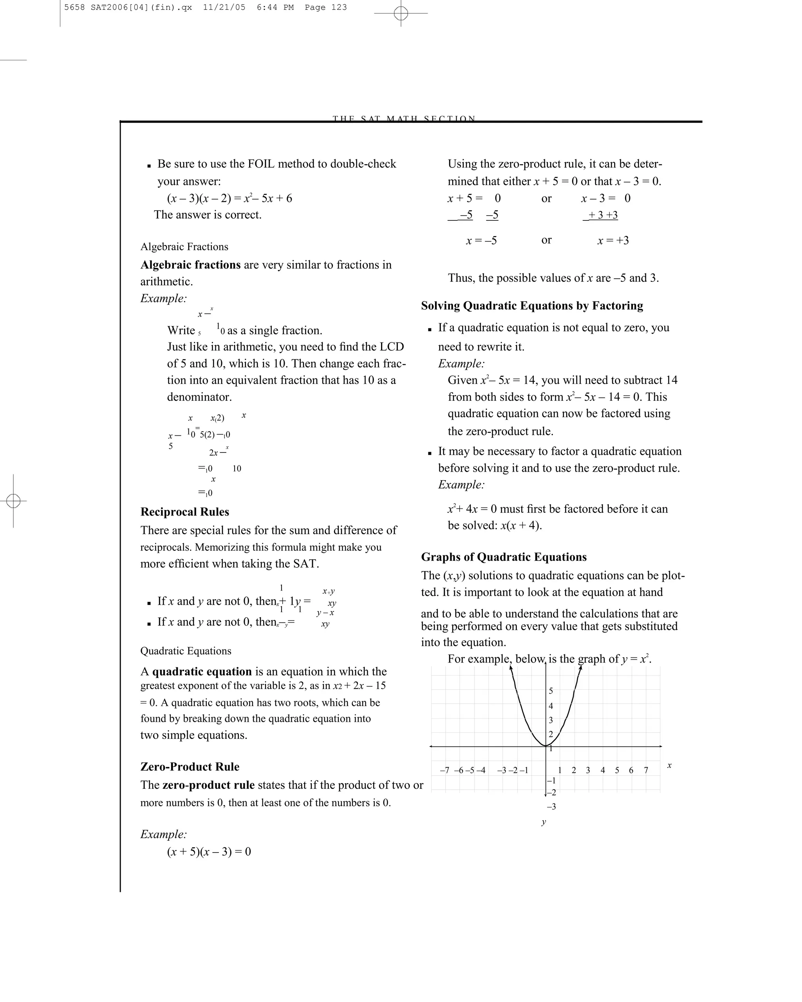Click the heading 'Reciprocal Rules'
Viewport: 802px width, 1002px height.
184,512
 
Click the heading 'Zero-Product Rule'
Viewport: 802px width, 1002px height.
190,766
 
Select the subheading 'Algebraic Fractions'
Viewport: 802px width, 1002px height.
184,247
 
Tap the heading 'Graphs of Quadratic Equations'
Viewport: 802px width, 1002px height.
504,557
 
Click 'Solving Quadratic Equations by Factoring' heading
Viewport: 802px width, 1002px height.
532,305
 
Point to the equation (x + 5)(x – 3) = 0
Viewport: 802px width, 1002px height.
209,851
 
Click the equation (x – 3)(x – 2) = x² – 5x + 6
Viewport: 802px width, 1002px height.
229,198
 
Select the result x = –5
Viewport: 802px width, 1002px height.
481,240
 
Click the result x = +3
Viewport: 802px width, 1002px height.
613,240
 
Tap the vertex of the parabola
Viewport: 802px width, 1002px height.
546,746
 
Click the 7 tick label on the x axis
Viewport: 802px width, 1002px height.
646,770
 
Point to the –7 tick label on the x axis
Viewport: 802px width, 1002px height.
444,770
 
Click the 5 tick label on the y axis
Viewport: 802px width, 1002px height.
551,691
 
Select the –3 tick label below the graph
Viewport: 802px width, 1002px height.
551,806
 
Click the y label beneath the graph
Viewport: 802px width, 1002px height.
544,822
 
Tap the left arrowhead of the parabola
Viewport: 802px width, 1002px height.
511,669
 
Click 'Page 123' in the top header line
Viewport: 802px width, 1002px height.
325,7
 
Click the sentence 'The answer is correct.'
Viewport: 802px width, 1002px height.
208,215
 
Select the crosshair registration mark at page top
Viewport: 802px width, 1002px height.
401,13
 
